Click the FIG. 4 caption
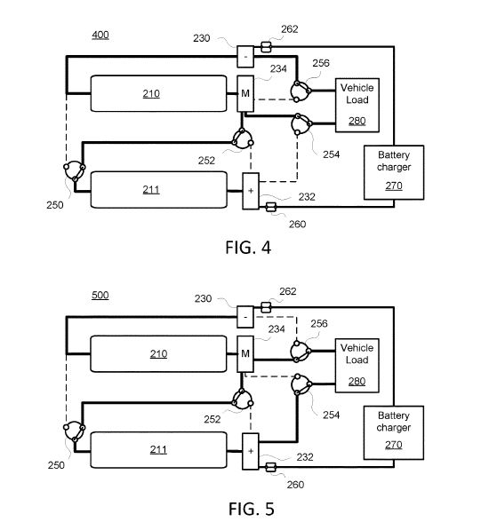(x=248, y=248)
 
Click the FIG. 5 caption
(x=252, y=509)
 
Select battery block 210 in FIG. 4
(x=159, y=93)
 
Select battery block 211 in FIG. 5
(x=159, y=450)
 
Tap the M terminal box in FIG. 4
(x=245, y=93)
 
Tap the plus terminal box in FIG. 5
(x=251, y=451)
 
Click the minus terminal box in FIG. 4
(x=245, y=57)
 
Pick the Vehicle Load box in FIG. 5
(x=357, y=366)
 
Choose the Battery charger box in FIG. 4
(x=394, y=172)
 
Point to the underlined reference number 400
(x=100, y=35)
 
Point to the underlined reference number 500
(x=100, y=295)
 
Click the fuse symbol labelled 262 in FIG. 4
(x=266, y=47)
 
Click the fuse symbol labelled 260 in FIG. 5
(x=270, y=468)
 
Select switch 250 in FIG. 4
(x=75, y=171)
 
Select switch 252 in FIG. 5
(x=243, y=399)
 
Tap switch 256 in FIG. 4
(x=301, y=91)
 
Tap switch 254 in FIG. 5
(x=301, y=384)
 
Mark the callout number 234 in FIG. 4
(x=278, y=68)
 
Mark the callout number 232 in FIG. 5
(x=305, y=457)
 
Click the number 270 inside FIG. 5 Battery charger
(x=394, y=445)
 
